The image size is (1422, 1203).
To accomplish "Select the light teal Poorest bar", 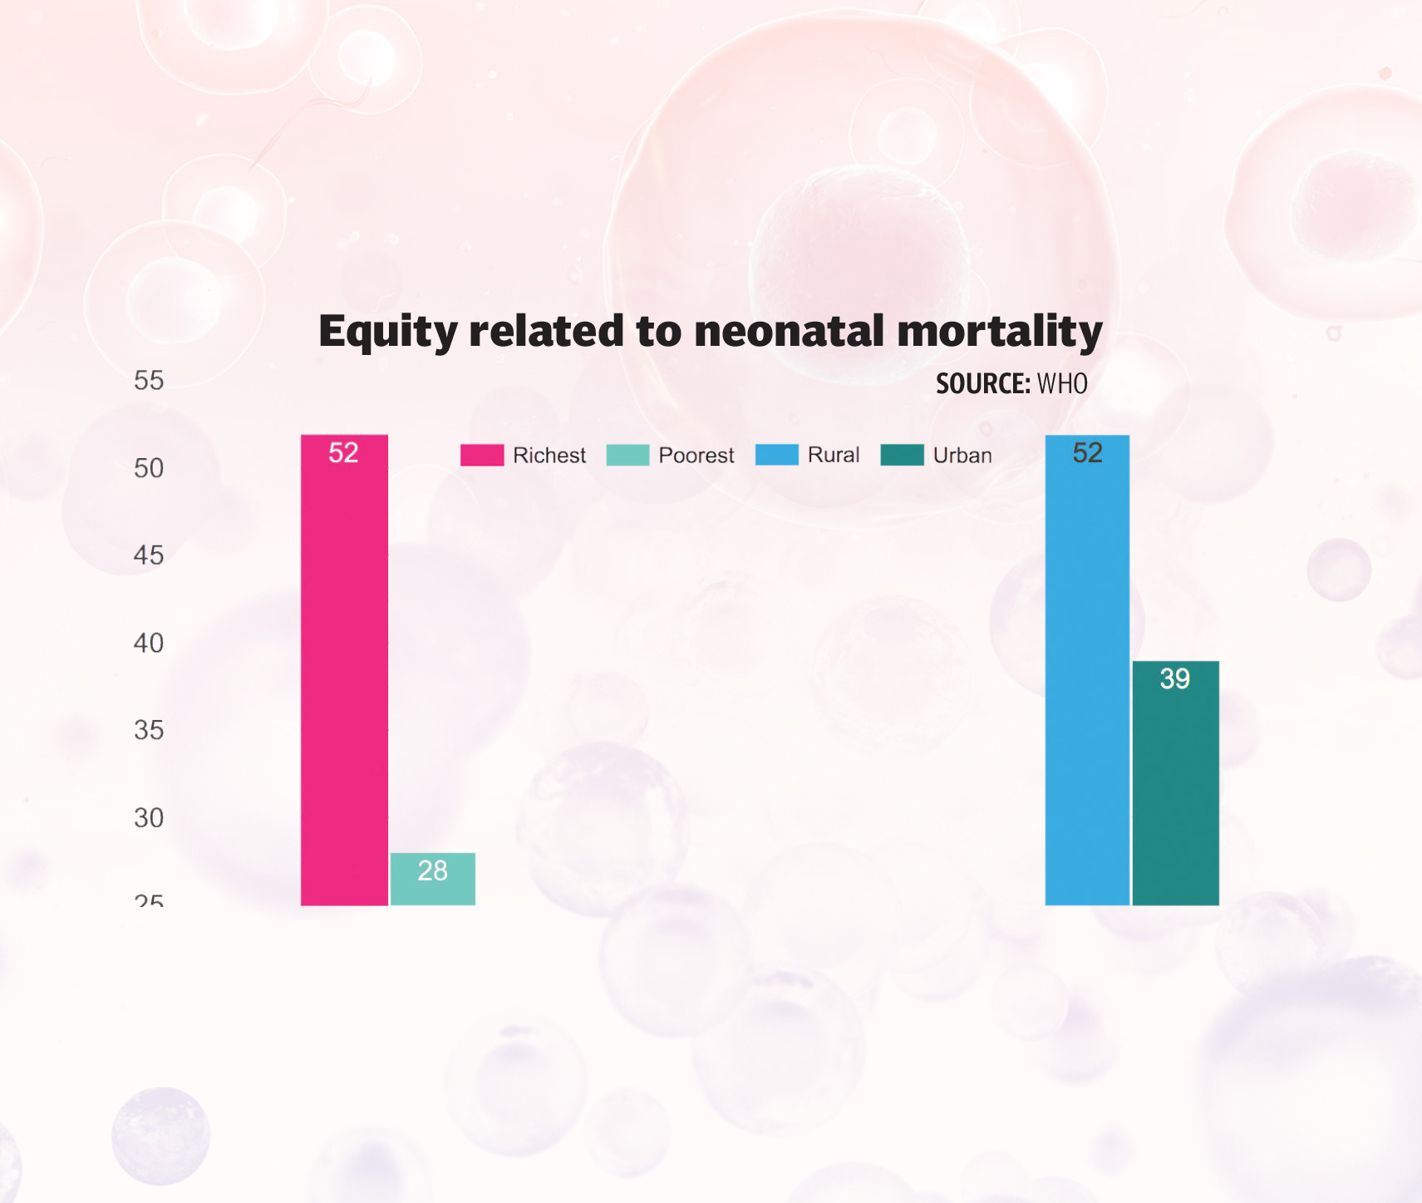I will pos(432,890).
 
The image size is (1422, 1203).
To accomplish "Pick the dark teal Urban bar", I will pos(1175,790).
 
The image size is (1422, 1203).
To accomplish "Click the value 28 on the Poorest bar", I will pos(432,870).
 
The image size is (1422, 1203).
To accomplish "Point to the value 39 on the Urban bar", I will pos(1175,679).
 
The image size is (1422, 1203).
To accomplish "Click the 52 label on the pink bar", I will pos(343,453).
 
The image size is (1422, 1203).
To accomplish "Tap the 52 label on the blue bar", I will pos(1087,453).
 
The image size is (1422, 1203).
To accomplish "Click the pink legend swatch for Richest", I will pos(482,456).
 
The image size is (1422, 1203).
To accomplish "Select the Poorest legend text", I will pos(696,456).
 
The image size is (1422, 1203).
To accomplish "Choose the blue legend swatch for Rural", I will pos(777,455).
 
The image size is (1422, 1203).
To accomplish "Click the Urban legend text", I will pos(962,456).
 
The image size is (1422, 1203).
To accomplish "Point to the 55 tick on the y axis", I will pos(149,381).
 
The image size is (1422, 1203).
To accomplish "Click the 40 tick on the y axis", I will pos(149,643).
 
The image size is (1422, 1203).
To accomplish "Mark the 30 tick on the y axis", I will pos(149,818).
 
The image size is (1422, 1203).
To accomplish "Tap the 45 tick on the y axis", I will pos(149,555).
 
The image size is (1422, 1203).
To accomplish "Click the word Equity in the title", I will pos(388,332).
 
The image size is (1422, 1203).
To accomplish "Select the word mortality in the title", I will pos(1000,332).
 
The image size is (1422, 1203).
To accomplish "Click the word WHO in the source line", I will pos(1062,384).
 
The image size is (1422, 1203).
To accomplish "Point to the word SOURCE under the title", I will pos(982,384).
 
